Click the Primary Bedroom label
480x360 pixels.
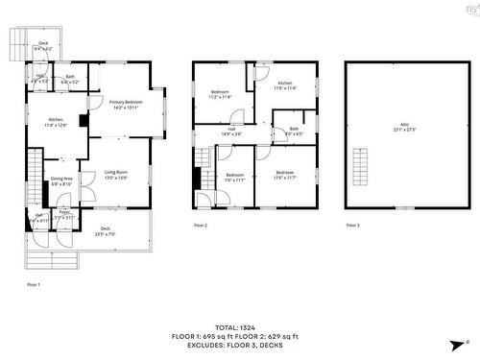126,103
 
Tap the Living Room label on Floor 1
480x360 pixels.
116,174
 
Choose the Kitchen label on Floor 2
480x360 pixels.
284,85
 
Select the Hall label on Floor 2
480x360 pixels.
231,131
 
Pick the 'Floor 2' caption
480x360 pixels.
200,225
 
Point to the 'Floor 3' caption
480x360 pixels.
352,225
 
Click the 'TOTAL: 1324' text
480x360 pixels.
240,327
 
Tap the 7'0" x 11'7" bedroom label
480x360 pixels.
235,177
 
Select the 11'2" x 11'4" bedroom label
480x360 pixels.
221,94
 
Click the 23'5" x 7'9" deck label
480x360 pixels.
105,231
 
